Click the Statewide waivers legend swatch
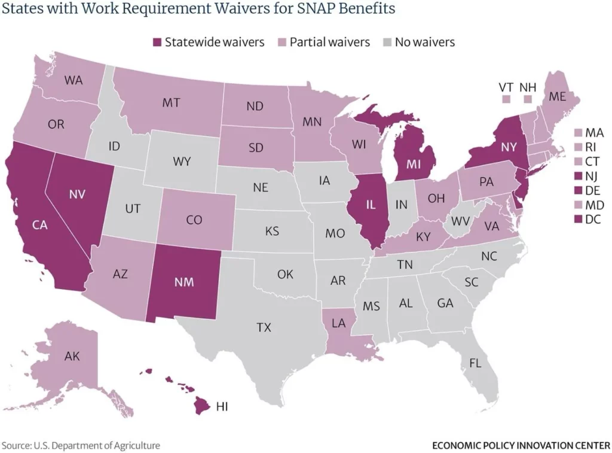[158, 42]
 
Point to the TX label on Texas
[264, 327]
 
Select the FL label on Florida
[476, 363]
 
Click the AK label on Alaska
[72, 357]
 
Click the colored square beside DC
[577, 219]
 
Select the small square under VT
[506, 99]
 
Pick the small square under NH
[526, 99]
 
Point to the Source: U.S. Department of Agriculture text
[81, 445]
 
